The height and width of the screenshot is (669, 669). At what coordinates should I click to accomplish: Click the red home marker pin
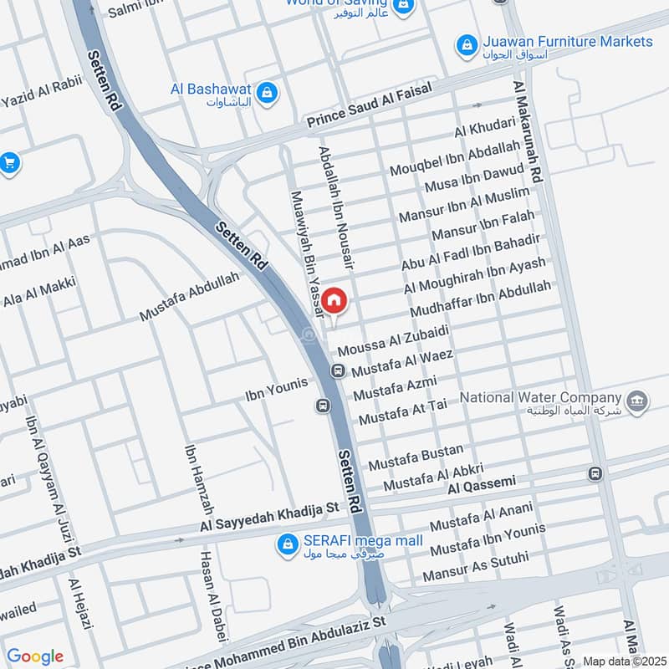[x=334, y=300]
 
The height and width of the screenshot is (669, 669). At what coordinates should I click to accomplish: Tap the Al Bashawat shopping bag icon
[x=267, y=91]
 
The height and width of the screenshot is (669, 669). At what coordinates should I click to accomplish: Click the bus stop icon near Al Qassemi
[x=595, y=473]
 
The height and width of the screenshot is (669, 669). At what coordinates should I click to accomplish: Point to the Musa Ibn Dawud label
[x=474, y=178]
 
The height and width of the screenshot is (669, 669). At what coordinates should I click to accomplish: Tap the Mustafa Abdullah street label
[x=189, y=297]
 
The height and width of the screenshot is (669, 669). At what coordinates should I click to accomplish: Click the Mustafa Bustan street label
[x=416, y=457]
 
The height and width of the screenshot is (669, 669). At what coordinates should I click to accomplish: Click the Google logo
[x=35, y=656]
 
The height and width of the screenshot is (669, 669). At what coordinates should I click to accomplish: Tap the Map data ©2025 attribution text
[x=622, y=661]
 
